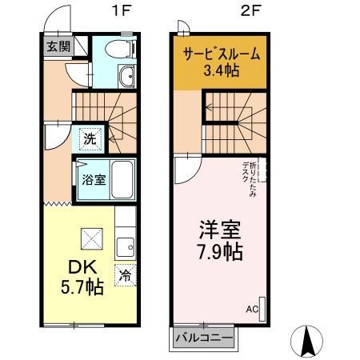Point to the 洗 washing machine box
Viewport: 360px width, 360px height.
tap(90, 138)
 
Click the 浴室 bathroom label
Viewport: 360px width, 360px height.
tap(93, 179)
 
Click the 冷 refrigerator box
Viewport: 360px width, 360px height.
tap(125, 273)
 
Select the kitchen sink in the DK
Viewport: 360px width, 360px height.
tap(126, 245)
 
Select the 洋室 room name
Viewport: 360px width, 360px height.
tap(219, 231)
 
